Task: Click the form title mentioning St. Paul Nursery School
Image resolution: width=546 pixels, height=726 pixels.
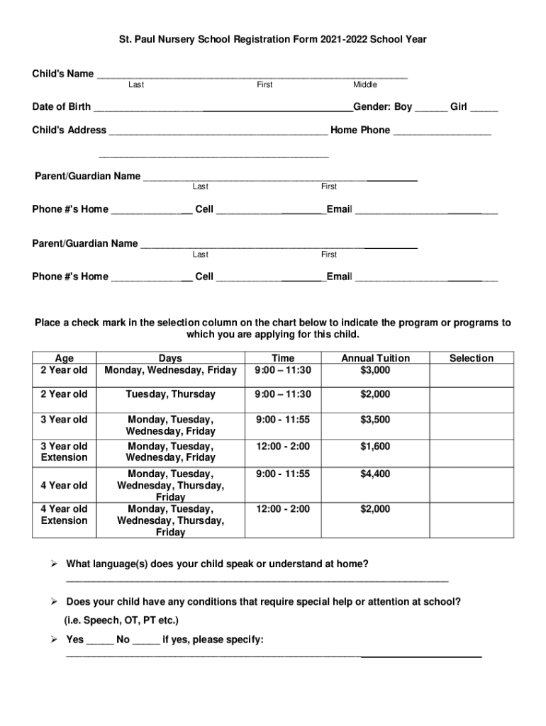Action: (x=272, y=40)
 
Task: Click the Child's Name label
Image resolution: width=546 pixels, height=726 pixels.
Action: (x=63, y=74)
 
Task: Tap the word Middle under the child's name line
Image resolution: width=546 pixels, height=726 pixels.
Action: (x=365, y=85)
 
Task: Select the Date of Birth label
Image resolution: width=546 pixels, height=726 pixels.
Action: (x=61, y=107)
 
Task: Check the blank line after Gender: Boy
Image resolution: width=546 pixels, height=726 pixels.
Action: (x=431, y=108)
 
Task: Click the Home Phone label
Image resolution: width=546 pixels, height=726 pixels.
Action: (x=360, y=130)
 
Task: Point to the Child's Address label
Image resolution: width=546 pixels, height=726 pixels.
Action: (x=69, y=130)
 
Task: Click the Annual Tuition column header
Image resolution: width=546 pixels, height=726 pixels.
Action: (x=375, y=358)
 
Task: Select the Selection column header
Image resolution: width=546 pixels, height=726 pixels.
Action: (x=471, y=358)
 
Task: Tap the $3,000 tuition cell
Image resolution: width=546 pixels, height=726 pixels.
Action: (x=375, y=370)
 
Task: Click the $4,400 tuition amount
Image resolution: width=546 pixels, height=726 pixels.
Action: (x=375, y=474)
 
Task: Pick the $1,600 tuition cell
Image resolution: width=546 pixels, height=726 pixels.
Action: (x=375, y=447)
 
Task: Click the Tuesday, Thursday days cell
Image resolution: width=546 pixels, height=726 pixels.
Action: (x=170, y=394)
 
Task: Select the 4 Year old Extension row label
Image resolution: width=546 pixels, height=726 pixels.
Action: (x=64, y=515)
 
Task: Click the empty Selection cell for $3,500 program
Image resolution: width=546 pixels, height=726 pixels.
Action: (x=471, y=425)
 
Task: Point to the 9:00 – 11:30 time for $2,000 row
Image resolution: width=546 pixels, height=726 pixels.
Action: (x=283, y=394)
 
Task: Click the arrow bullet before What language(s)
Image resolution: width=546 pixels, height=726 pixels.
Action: (x=53, y=564)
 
